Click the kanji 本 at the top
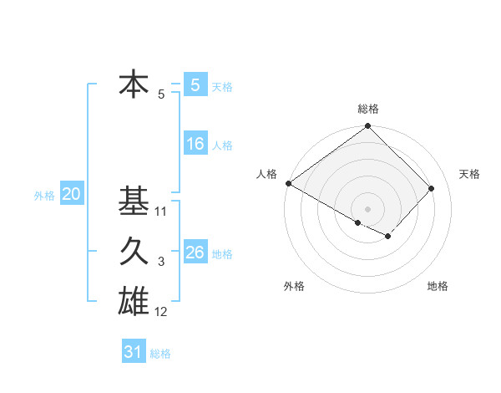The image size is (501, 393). (134, 84)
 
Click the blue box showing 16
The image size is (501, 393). (195, 144)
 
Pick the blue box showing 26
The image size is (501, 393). (195, 253)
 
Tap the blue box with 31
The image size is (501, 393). (134, 352)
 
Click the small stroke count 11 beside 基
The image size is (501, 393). (161, 212)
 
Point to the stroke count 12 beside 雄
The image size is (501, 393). (161, 313)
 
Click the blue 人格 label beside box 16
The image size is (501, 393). (222, 145)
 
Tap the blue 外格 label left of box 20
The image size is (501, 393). (44, 196)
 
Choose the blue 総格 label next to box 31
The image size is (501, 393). (160, 354)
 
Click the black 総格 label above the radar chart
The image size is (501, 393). (368, 109)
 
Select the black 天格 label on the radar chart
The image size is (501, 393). (470, 174)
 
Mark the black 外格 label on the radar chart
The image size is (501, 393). (294, 286)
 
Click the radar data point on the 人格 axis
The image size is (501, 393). (288, 183)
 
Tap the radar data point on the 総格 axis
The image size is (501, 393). (368, 127)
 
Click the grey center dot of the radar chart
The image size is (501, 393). (368, 208)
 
